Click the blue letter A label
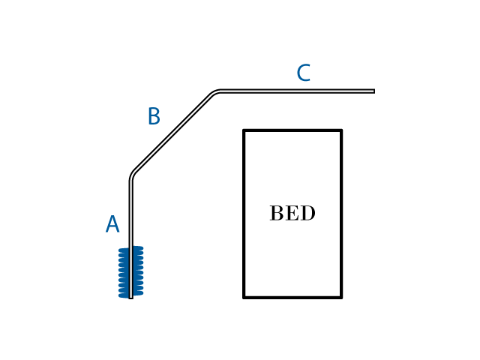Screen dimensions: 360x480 pyautogui.click(x=112, y=225)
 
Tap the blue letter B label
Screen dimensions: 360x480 pyautogui.click(x=154, y=117)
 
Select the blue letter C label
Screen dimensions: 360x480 pyautogui.click(x=303, y=73)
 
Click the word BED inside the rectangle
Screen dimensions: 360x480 pyautogui.click(x=292, y=214)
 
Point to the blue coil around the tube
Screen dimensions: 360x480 pyautogui.click(x=130, y=271)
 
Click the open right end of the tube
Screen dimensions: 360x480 pyautogui.click(x=373, y=91)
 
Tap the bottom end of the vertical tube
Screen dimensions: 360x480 pyautogui.click(x=130, y=298)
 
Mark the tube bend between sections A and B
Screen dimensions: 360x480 pyautogui.click(x=132, y=175)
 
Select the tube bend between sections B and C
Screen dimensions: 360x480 pyautogui.click(x=215, y=93)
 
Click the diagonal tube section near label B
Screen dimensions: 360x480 pyautogui.click(x=172, y=133)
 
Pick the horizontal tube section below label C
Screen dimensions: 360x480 pyautogui.click(x=300, y=91)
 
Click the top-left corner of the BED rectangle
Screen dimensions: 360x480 pyautogui.click(x=244, y=130)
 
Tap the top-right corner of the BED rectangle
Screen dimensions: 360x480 pyautogui.click(x=341, y=130)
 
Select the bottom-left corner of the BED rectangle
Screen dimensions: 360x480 pyautogui.click(x=244, y=297)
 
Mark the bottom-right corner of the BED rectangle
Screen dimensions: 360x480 pyautogui.click(x=341, y=297)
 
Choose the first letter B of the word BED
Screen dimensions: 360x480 pyautogui.click(x=276, y=214)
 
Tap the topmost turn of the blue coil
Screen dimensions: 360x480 pyautogui.click(x=130, y=249)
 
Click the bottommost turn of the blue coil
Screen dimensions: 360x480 pyautogui.click(x=130, y=295)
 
